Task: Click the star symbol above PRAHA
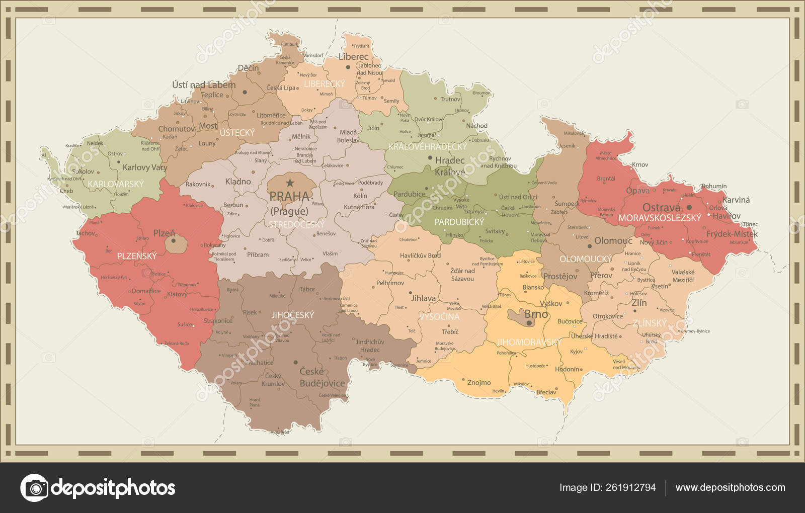(290, 183)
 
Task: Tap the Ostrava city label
(661, 207)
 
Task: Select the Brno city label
(536, 314)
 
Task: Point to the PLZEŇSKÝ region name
(137, 256)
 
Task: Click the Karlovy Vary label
(145, 167)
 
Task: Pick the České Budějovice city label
(322, 377)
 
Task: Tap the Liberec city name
(354, 57)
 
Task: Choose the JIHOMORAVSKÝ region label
(529, 342)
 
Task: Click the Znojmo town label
(479, 383)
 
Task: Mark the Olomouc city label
(613, 240)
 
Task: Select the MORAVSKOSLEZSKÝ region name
(660, 218)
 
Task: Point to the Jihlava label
(424, 298)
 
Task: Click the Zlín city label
(639, 303)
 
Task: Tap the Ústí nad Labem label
(204, 84)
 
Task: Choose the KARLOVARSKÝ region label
(116, 184)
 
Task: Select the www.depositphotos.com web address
(730, 487)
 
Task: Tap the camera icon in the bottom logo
(35, 487)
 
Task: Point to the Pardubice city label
(409, 194)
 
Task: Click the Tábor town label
(307, 289)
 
